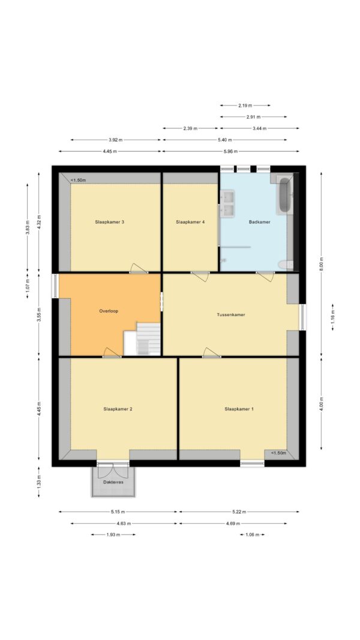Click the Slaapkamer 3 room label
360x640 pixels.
tap(109, 222)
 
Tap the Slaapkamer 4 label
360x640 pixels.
tap(190, 222)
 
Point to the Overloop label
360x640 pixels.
tap(109, 311)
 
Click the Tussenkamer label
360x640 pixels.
tap(231, 315)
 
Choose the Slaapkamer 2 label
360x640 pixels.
tap(118, 408)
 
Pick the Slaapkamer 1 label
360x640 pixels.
tap(239, 408)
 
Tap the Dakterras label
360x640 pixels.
tap(113, 482)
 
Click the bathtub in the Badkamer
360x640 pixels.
tap(284, 195)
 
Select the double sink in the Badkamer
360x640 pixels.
tap(227, 204)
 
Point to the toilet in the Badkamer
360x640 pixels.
tap(286, 265)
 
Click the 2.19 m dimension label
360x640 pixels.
tap(245, 106)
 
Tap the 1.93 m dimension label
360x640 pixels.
tap(113, 534)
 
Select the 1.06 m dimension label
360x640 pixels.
tap(252, 534)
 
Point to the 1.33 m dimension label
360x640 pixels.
tap(39, 482)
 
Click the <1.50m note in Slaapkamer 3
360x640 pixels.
tap(78, 180)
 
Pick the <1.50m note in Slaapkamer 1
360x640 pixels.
tap(278, 453)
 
